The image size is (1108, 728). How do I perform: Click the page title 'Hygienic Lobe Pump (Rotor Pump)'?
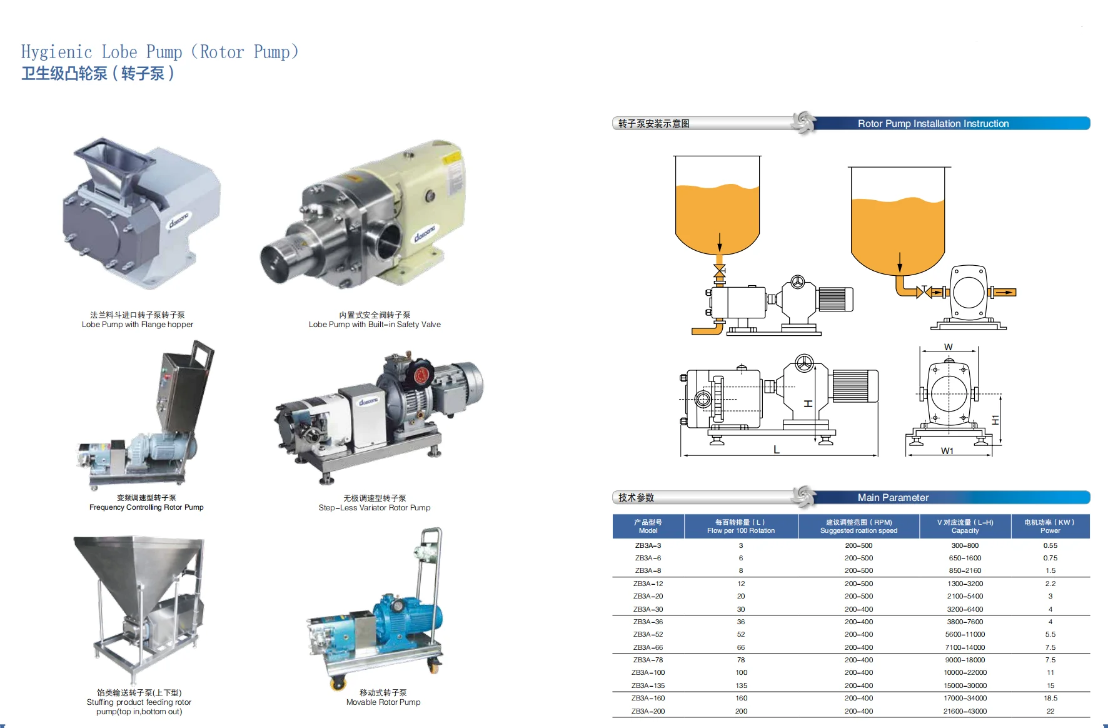[x=160, y=52]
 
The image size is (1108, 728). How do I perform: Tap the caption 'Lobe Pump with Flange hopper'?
[x=138, y=325]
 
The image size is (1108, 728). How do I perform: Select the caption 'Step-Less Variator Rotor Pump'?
[x=375, y=508]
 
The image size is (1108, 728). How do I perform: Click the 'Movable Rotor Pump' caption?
[x=383, y=702]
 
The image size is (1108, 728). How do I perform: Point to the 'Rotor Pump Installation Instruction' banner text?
[x=933, y=124]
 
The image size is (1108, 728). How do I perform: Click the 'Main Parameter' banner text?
[x=893, y=498]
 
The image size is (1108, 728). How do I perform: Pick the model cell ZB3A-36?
[x=648, y=622]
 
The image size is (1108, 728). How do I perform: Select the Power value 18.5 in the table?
[x=1050, y=698]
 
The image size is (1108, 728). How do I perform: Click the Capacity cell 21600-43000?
[x=965, y=711]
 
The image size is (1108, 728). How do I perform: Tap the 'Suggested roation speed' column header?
[x=859, y=531]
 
